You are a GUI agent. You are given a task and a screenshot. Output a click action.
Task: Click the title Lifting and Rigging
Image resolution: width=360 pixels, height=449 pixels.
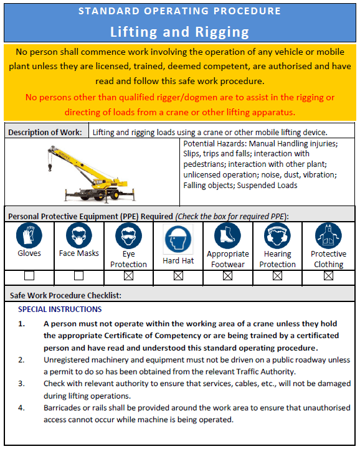tap(179, 32)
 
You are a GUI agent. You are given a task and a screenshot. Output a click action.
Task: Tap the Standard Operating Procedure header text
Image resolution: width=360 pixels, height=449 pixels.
tap(179, 11)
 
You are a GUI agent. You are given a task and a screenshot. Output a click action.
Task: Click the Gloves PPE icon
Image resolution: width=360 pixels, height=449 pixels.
tap(29, 236)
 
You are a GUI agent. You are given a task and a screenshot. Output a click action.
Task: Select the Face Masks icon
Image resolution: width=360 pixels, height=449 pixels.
tap(79, 236)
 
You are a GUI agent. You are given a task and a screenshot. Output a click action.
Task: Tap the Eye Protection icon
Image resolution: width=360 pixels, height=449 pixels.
tap(128, 236)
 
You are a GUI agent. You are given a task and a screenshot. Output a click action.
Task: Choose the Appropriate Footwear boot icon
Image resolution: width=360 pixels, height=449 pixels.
tap(227, 236)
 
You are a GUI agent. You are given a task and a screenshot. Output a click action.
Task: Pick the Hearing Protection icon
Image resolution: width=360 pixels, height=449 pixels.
tap(277, 236)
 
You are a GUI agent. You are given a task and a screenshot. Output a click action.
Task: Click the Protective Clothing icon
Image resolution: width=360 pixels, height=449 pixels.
tap(328, 236)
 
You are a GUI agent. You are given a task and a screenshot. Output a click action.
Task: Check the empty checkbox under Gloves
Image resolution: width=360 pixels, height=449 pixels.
tap(29, 276)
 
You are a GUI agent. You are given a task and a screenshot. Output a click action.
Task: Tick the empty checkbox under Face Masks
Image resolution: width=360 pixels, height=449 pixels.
tap(79, 276)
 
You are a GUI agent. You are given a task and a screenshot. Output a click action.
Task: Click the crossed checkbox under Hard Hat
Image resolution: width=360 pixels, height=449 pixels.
tap(178, 276)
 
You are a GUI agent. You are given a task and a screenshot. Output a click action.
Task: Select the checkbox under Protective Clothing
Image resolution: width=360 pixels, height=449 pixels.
tap(328, 276)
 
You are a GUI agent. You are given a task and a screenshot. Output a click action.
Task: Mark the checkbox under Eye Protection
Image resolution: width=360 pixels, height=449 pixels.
tap(128, 276)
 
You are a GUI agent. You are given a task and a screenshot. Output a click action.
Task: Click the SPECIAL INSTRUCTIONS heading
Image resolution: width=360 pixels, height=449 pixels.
tap(60, 309)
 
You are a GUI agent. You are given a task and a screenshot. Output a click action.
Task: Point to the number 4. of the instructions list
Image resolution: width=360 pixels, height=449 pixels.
tap(22, 408)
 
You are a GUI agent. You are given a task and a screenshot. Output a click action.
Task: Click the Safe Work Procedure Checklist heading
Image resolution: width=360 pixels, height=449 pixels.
tap(65, 295)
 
